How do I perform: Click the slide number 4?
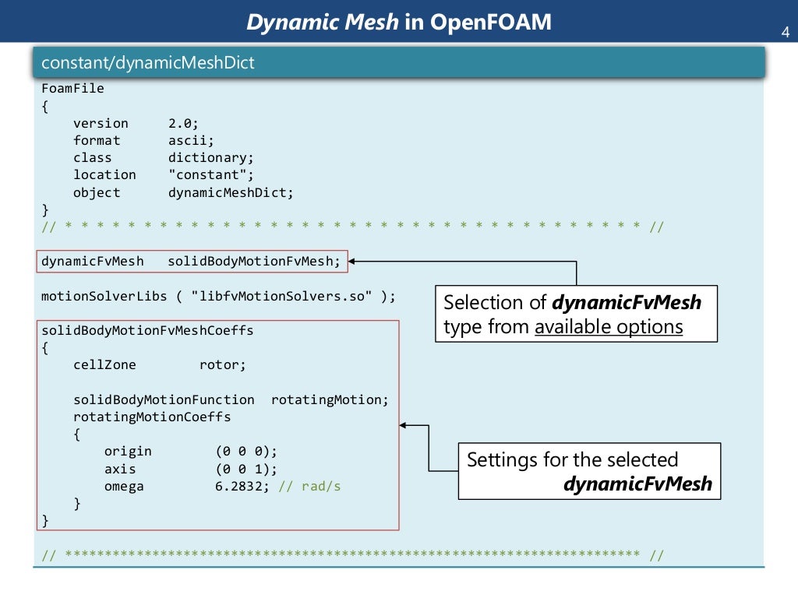click(x=785, y=33)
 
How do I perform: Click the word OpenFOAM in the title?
click(x=489, y=23)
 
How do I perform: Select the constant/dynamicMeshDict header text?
click(x=148, y=63)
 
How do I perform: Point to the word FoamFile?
click(x=72, y=89)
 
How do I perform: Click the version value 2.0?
click(x=184, y=123)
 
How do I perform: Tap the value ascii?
click(x=192, y=140)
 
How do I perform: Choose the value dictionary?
click(x=211, y=157)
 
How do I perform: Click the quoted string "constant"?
click(x=211, y=175)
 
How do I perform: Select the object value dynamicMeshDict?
click(x=231, y=192)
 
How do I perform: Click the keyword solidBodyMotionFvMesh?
click(x=255, y=262)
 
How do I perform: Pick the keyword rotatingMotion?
click(x=330, y=399)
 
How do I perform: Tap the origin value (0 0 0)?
click(x=246, y=452)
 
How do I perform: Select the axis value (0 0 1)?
click(x=246, y=469)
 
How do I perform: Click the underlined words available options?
click(x=609, y=327)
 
